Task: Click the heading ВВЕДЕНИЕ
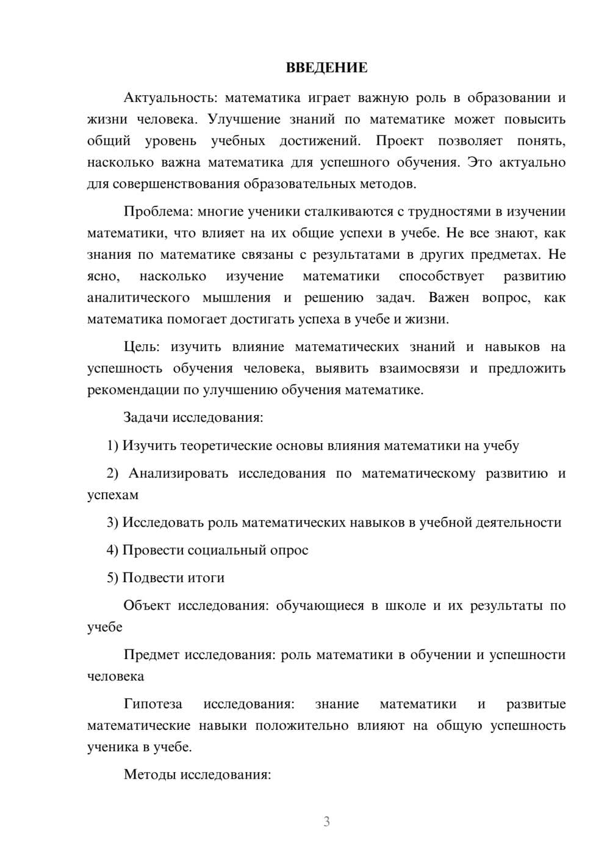pos(326,68)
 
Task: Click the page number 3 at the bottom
pos(326,821)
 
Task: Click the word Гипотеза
pos(152,704)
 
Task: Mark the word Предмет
pos(151,654)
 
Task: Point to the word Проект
pos(399,141)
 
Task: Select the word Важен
pos(449,298)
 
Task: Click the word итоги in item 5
pos(208,577)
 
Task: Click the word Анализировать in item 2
pos(178,473)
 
